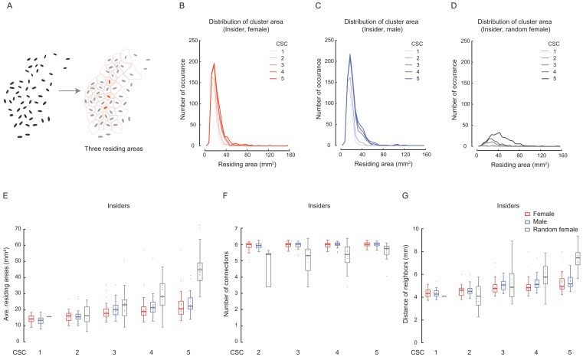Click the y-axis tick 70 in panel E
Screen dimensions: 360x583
click(18, 230)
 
